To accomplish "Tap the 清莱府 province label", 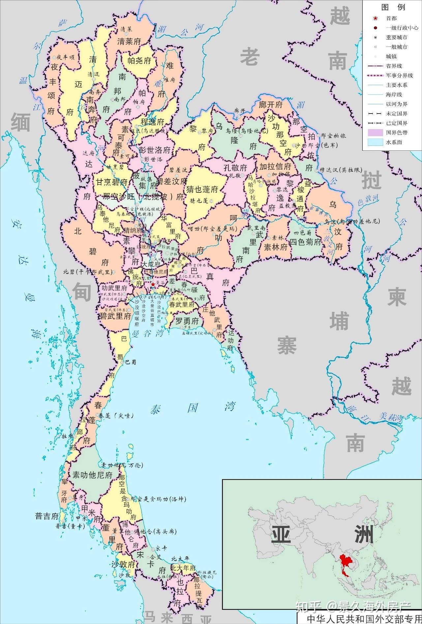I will tap(129, 41).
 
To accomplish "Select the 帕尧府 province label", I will tap(139, 60).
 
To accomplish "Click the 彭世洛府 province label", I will tap(155, 150).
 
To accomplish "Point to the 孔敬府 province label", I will tap(235, 168).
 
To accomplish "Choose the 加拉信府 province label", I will tap(275, 166).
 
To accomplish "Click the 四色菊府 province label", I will tap(305, 242).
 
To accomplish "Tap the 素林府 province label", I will tap(276, 247).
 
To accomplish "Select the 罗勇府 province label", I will tap(187, 321).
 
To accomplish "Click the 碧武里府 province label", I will tap(115, 316).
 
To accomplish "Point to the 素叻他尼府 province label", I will tap(93, 475).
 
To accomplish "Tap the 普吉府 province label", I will tap(47, 516).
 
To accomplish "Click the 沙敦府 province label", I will tap(123, 565).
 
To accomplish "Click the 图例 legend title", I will tap(393, 7).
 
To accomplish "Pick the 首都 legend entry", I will tap(391, 18).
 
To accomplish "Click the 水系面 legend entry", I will tap(394, 142).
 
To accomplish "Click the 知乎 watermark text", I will tap(308, 606).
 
